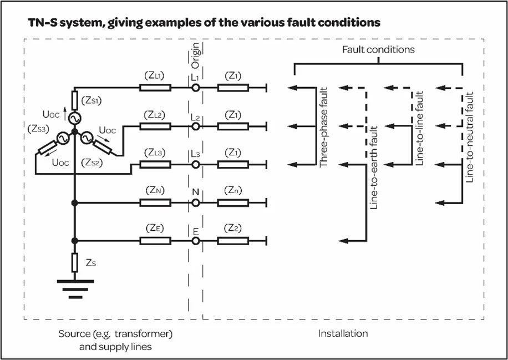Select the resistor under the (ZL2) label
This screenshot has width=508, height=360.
point(155,126)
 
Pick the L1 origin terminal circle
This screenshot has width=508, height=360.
point(195,88)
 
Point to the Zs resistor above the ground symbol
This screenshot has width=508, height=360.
point(74,261)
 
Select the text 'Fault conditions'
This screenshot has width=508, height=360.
point(378,49)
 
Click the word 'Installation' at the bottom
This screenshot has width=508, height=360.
point(343,333)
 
